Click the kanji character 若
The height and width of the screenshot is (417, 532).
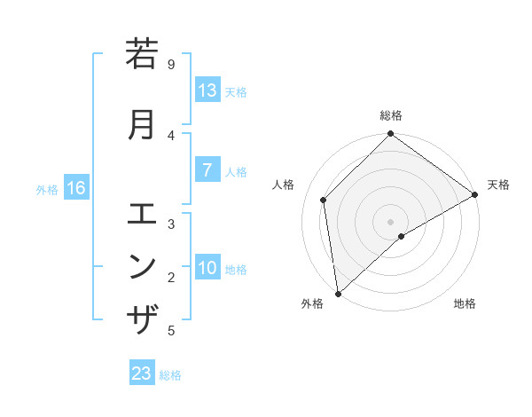click(143, 55)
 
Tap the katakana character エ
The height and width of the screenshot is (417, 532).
click(143, 214)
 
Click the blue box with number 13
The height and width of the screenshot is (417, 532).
click(207, 90)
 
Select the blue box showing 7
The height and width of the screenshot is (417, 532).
click(207, 169)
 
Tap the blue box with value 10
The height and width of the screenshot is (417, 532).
click(207, 268)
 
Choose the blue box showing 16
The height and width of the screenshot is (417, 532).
click(75, 188)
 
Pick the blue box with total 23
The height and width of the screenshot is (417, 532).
click(142, 374)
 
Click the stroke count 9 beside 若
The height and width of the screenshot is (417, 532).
click(171, 64)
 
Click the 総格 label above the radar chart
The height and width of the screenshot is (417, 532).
click(391, 115)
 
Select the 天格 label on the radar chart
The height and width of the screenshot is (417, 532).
click(498, 185)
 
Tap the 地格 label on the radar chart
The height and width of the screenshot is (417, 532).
click(465, 304)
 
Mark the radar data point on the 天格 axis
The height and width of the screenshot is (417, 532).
click(475, 194)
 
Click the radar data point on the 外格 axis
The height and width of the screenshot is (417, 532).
click(338, 294)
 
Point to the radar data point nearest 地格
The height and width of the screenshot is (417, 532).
click(402, 236)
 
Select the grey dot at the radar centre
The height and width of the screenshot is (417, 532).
click(391, 221)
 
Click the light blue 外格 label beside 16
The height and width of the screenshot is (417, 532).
click(47, 189)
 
